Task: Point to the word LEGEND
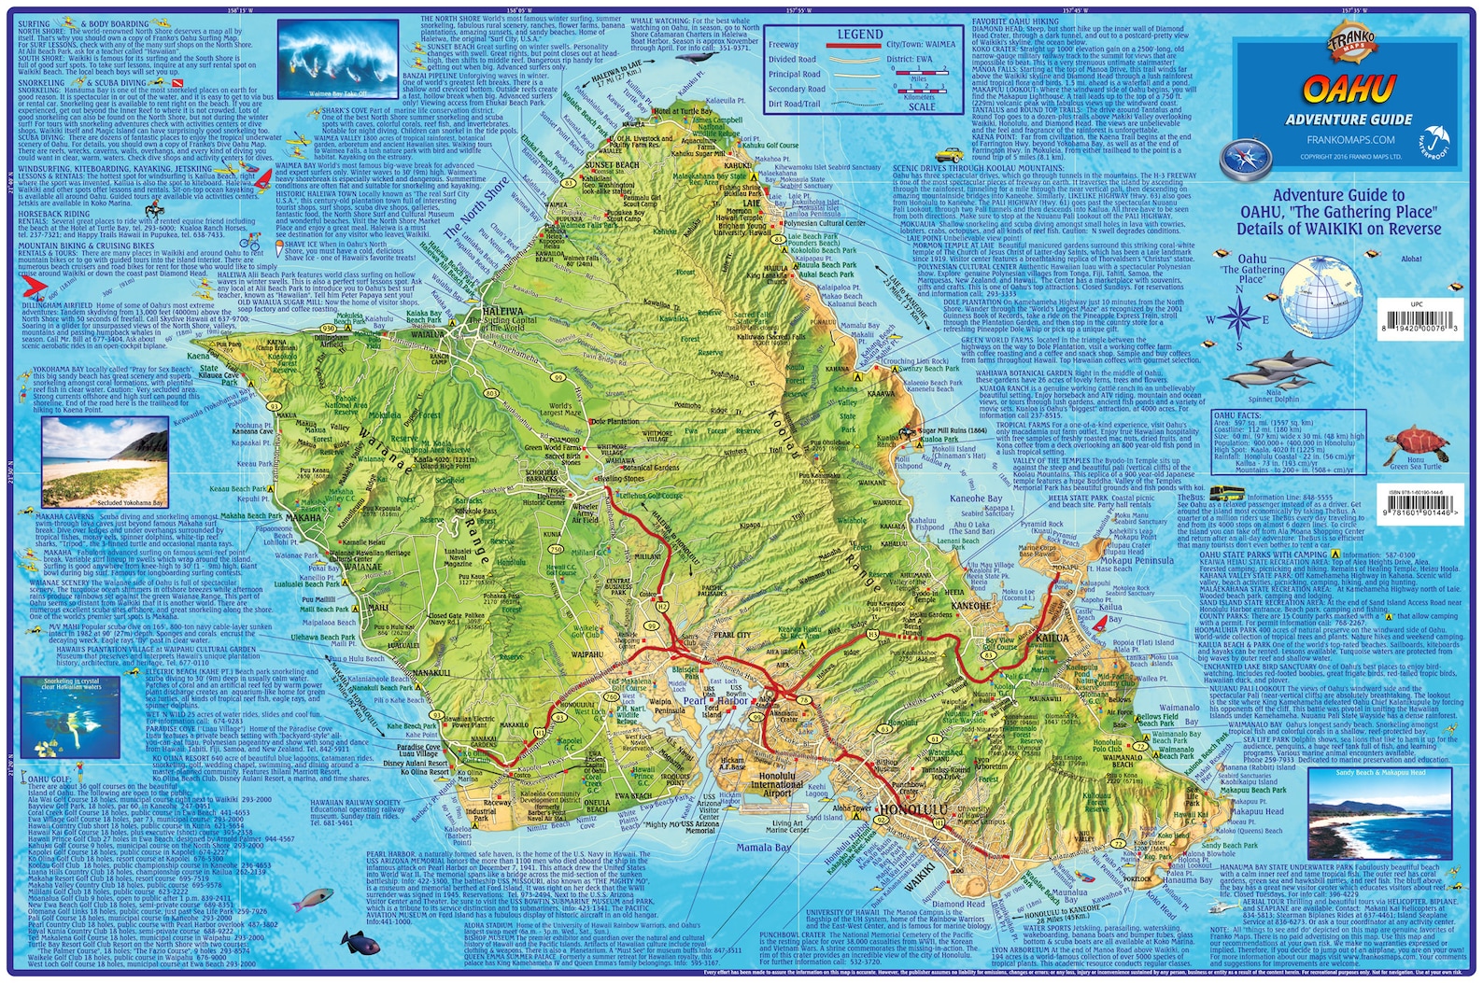[x=859, y=34]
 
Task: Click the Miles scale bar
[x=920, y=84]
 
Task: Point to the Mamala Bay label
[x=763, y=848]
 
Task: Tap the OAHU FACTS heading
[x=1237, y=414]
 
